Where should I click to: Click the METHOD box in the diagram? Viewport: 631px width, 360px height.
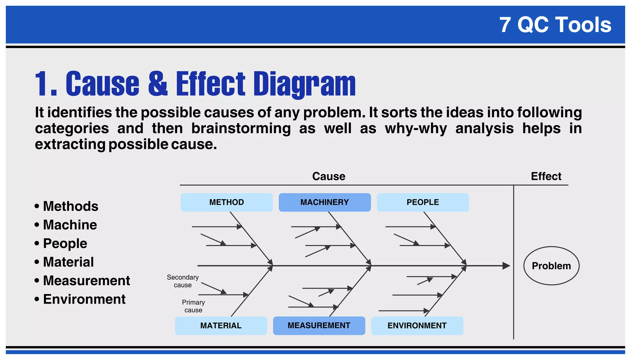[226, 202]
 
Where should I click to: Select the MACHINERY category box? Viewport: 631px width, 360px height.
[324, 202]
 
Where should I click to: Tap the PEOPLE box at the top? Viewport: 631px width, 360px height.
[422, 202]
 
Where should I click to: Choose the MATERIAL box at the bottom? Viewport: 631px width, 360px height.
[221, 326]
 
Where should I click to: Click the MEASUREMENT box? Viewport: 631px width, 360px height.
[319, 326]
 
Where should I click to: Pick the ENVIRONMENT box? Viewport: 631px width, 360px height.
[417, 326]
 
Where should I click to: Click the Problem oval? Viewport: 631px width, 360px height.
[551, 266]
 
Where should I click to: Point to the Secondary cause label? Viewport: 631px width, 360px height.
[183, 281]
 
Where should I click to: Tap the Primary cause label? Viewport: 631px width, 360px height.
[193, 306]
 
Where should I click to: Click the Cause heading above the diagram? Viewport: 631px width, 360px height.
[328, 176]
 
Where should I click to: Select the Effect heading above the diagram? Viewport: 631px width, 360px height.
[546, 176]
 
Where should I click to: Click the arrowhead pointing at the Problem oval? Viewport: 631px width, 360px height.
[506, 266]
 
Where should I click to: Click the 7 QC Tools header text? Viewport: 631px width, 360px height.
[555, 25]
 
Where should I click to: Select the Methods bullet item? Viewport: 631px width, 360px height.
[70, 206]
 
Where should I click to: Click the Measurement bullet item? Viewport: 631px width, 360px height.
[86, 281]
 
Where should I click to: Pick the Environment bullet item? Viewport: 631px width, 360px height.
[84, 299]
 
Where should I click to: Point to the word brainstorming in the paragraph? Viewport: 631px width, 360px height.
[241, 128]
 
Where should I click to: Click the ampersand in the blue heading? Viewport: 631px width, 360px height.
[158, 84]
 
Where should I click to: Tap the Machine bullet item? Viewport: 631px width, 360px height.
[70, 225]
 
